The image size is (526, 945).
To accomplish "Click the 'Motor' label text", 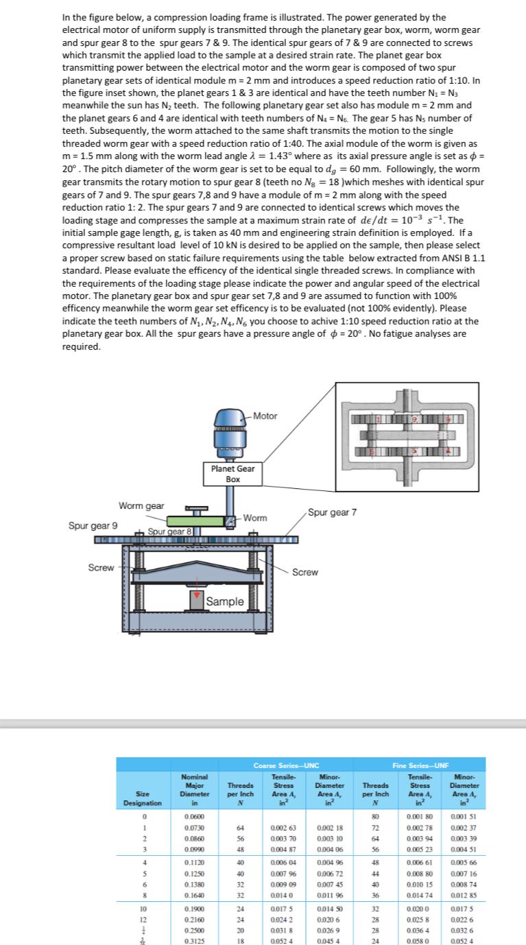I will click(x=265, y=416).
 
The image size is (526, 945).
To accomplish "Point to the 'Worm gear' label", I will click(x=141, y=506).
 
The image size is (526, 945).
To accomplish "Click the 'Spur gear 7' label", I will click(x=333, y=512).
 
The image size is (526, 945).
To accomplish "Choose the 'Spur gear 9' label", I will click(x=93, y=525).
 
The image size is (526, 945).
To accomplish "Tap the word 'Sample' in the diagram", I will click(x=226, y=601).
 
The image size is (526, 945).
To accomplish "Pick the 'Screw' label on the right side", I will click(x=305, y=572).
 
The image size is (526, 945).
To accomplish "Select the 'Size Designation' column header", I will click(x=142, y=798).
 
